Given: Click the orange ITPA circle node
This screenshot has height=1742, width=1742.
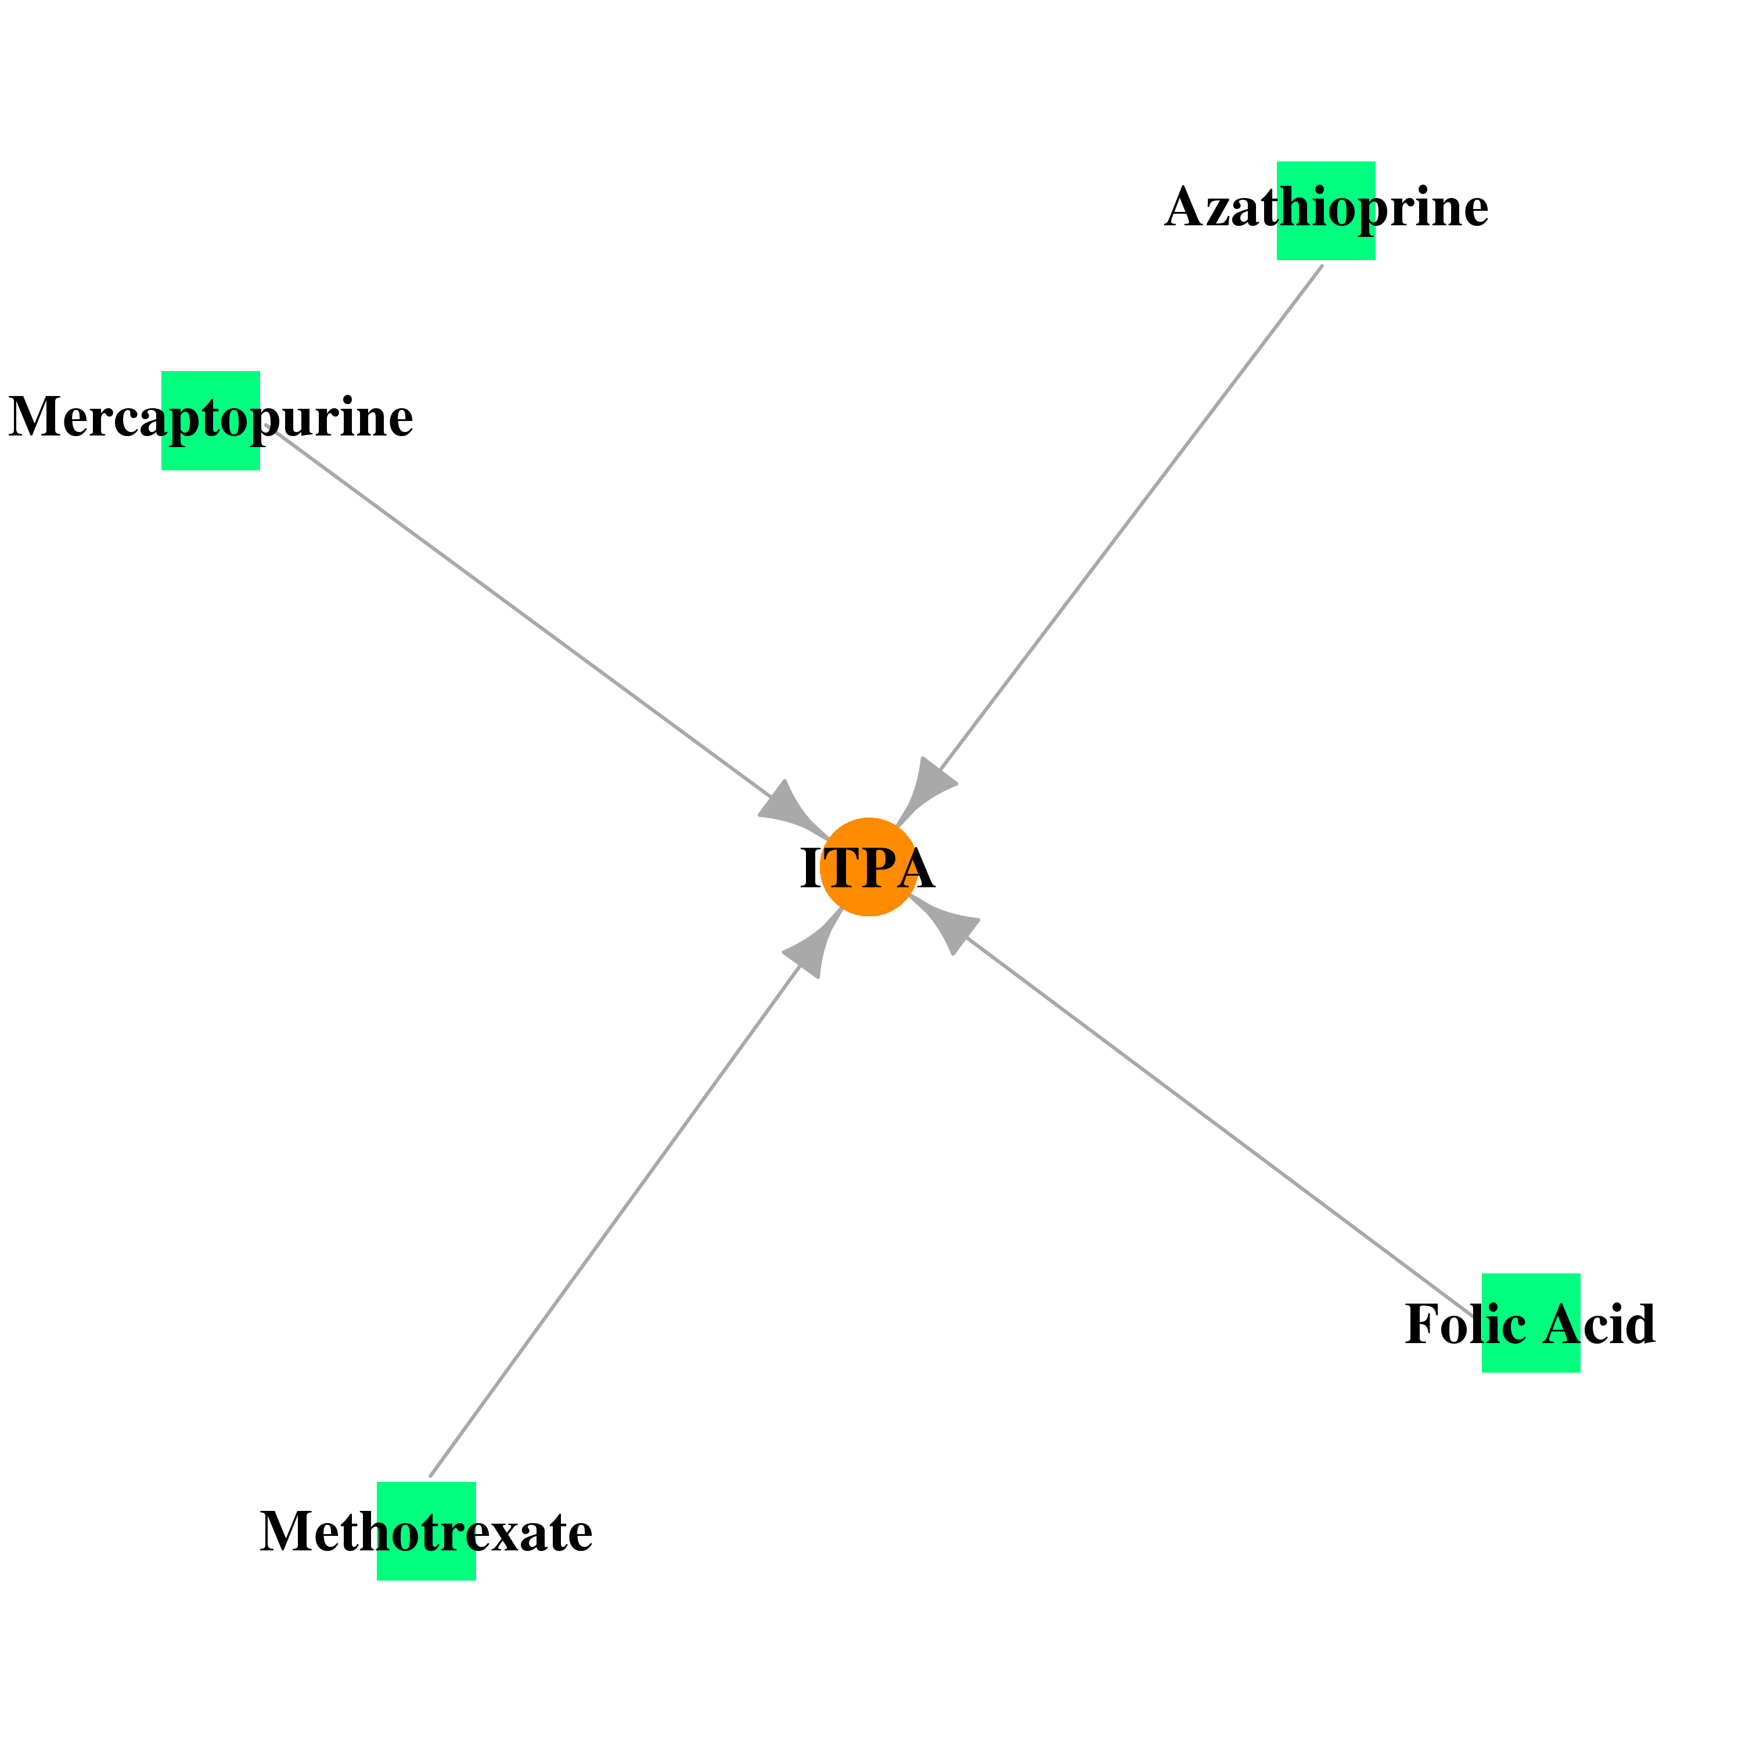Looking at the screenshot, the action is pos(868,868).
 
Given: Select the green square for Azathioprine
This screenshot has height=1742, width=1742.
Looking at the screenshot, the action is pos(1326,211).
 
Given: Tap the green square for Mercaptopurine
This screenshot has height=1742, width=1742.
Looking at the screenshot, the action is pos(210,420).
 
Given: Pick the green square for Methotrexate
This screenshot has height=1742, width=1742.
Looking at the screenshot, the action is pos(426,1531).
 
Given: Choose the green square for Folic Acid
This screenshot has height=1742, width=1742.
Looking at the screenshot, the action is pos(1531,1323).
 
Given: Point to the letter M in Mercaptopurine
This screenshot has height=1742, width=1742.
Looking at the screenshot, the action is pos(37,417).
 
